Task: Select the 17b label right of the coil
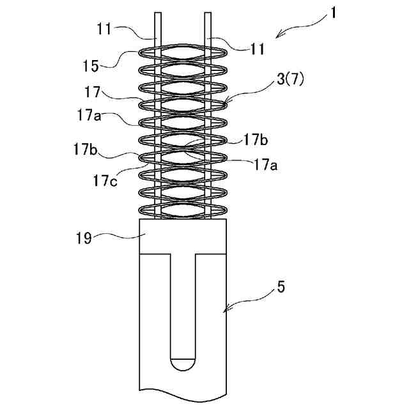256,139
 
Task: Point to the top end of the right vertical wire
208,14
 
